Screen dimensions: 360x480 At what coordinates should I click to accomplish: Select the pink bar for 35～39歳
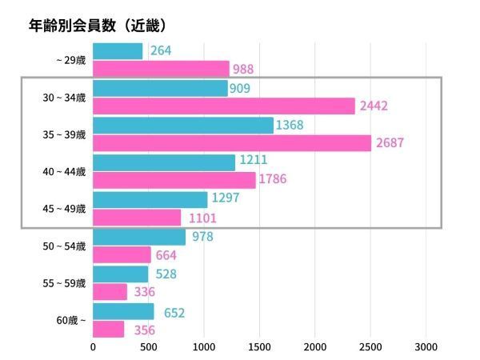click(232, 143)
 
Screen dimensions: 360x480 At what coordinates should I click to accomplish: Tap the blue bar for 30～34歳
click(160, 88)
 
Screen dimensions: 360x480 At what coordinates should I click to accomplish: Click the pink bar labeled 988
click(161, 69)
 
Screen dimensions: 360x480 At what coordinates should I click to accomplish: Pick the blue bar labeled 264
click(118, 51)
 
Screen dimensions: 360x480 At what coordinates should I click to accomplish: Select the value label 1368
click(290, 125)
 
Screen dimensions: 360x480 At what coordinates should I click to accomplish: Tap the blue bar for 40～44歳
click(164, 162)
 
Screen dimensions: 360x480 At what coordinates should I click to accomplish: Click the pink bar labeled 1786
click(174, 180)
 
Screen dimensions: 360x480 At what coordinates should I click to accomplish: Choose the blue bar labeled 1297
click(150, 199)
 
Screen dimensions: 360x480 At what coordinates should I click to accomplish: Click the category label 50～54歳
click(64, 246)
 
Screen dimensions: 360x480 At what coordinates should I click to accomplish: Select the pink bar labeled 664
click(122, 254)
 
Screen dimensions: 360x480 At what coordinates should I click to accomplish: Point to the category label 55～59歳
click(64, 282)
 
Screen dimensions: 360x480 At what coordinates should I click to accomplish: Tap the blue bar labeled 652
click(123, 311)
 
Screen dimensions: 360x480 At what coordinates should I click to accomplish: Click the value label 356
click(145, 330)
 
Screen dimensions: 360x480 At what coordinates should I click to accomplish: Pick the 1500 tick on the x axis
click(259, 347)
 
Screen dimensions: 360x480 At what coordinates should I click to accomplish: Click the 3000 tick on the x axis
click(426, 347)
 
